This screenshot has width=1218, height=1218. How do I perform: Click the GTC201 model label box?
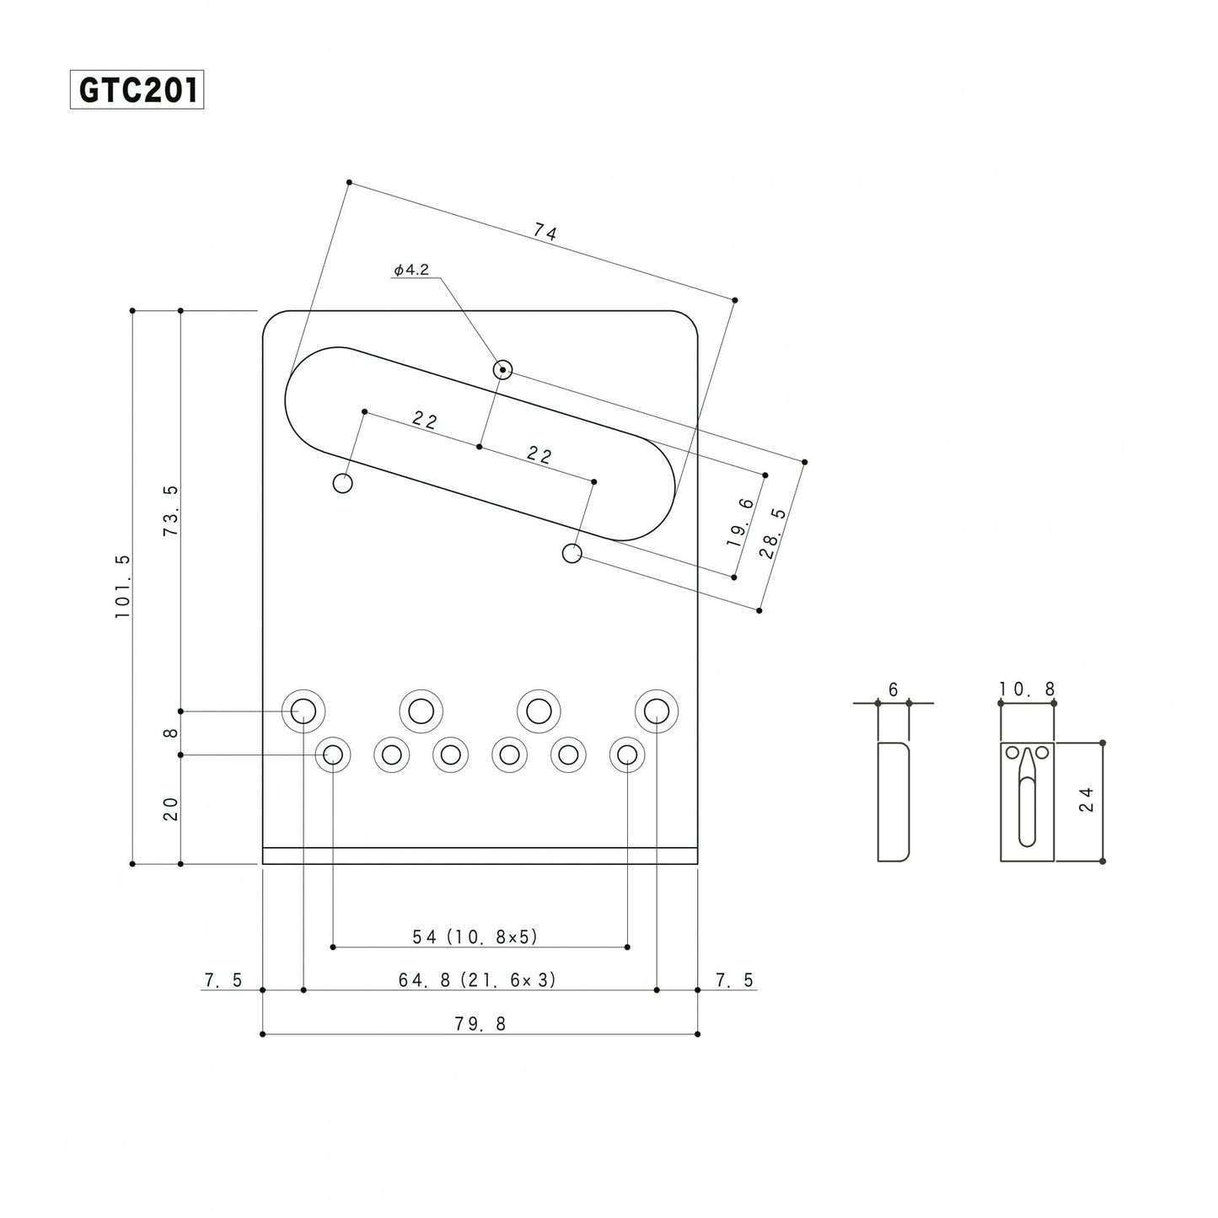click(137, 91)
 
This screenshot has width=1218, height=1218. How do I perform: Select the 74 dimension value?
click(545, 232)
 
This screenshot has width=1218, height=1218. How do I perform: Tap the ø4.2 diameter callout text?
click(411, 270)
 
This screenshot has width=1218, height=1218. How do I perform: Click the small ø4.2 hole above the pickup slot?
click(502, 369)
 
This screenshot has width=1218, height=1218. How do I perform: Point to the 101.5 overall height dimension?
click(123, 587)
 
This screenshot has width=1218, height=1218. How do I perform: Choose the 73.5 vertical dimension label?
click(171, 511)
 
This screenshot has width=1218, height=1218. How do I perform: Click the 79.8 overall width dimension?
click(480, 1023)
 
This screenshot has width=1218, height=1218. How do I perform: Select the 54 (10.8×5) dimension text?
click(475, 936)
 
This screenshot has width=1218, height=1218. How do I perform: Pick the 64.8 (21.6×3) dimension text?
click(477, 979)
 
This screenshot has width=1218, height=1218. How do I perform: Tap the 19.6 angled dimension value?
click(741, 523)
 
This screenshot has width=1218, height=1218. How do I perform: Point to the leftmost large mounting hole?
click(303, 711)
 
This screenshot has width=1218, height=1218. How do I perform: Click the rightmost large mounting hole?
click(657, 711)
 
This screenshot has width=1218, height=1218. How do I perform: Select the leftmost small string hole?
click(333, 754)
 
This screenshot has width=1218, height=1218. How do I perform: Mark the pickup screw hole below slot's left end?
click(343, 484)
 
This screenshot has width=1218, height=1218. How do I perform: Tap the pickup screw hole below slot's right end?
click(571, 554)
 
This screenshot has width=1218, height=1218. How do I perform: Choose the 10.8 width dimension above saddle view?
click(1028, 689)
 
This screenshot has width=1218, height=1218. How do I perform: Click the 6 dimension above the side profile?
click(893, 689)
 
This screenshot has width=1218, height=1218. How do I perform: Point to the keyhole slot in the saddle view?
click(1028, 801)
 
